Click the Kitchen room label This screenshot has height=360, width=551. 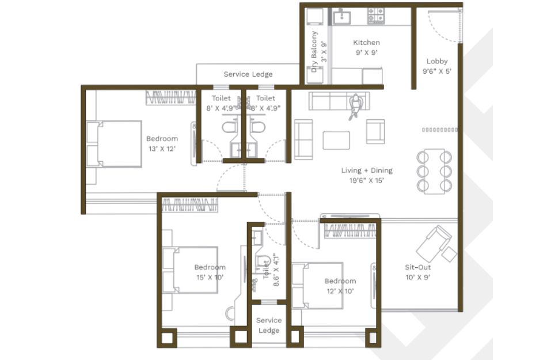point(367,43)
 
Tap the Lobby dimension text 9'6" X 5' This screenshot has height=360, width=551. point(437,71)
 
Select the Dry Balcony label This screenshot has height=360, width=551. point(314,51)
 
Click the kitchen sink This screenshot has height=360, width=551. point(342,17)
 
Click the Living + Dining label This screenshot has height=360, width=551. point(367,170)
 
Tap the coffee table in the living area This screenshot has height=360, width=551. point(336,141)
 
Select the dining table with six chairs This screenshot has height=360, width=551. point(434,171)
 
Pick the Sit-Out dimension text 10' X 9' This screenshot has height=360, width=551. point(418,278)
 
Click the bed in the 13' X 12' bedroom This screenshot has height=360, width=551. point(114,143)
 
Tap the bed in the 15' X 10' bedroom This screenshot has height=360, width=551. point(190,270)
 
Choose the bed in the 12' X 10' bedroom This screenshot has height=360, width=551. point(317,286)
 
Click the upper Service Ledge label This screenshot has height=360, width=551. point(248,74)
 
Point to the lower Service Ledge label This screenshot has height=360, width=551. point(269,325)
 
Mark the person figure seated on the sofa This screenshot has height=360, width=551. point(355,107)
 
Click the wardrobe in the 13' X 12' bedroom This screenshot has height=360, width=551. point(171,97)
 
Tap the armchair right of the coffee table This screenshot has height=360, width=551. point(375,131)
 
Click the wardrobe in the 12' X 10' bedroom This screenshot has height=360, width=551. point(349,230)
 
